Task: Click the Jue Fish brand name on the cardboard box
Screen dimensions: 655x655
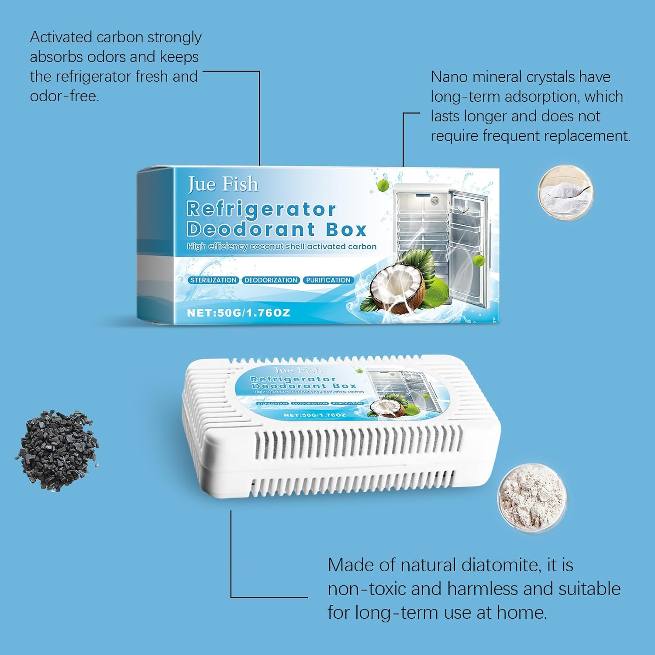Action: (x=223, y=184)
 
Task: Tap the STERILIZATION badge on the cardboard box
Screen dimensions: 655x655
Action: (x=213, y=280)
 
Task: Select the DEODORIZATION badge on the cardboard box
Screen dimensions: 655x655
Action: (x=271, y=280)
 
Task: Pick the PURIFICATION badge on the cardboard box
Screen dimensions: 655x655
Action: (x=328, y=280)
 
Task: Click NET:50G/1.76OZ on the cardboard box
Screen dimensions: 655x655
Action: (x=238, y=313)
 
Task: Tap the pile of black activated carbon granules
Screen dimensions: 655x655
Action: (x=57, y=450)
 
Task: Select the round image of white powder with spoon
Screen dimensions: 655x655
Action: (x=565, y=193)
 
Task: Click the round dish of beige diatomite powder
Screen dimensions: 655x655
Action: (x=532, y=498)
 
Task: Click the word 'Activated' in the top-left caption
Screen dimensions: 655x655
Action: (x=61, y=38)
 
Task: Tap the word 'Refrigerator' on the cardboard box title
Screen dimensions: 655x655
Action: (x=261, y=210)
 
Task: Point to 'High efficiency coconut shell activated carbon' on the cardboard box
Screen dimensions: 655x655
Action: (x=282, y=247)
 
